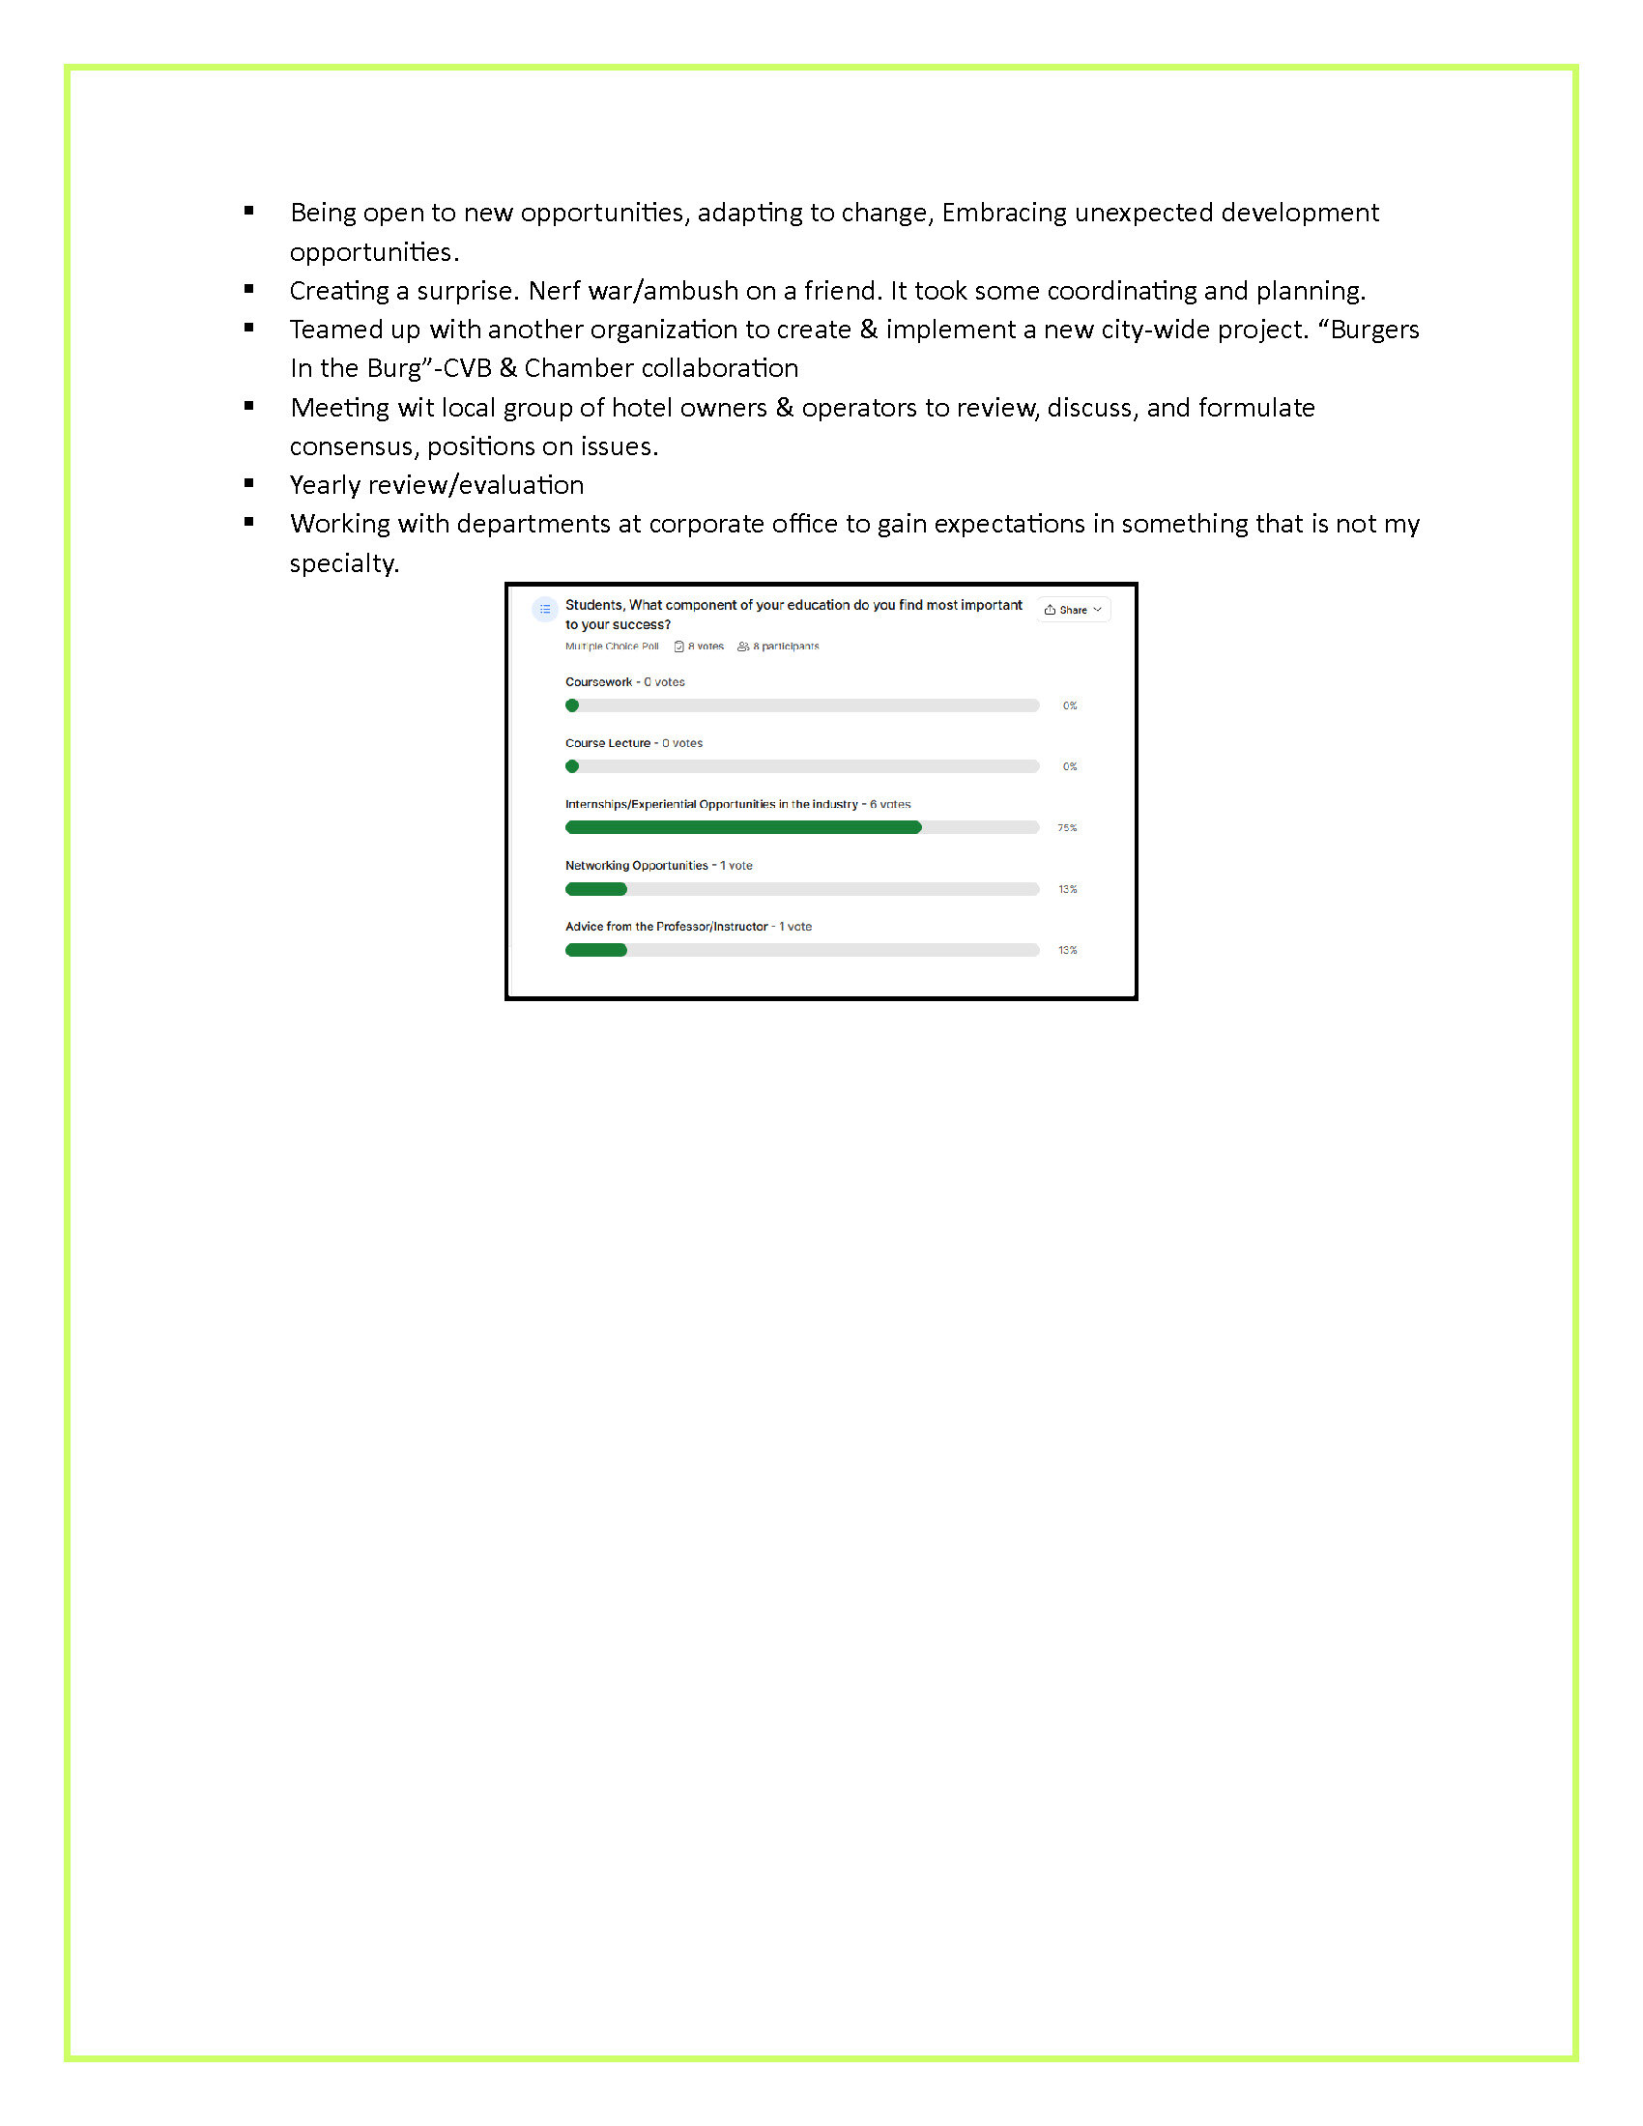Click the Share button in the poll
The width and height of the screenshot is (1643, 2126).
(1073, 610)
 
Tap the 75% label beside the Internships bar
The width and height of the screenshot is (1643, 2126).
(1067, 827)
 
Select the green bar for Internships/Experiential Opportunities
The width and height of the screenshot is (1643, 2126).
(742, 827)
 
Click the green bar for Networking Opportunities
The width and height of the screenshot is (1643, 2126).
(595, 889)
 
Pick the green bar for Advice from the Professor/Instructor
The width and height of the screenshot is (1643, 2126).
(595, 950)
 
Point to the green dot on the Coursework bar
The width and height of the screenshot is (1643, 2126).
(572, 705)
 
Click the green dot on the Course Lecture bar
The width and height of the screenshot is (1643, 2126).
(572, 766)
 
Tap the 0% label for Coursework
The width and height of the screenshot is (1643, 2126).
(1070, 705)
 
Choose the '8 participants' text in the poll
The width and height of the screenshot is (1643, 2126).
(785, 646)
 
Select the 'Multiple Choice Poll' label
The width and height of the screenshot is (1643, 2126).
(611, 646)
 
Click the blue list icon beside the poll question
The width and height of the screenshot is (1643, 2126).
(545, 610)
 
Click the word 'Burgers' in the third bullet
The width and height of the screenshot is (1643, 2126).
(1374, 330)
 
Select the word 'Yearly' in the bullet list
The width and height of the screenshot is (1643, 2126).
(326, 485)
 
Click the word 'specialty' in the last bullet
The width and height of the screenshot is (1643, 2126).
(343, 563)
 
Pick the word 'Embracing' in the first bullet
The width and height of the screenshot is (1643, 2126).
(1003, 214)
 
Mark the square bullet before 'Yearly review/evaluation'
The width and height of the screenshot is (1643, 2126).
(249, 483)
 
